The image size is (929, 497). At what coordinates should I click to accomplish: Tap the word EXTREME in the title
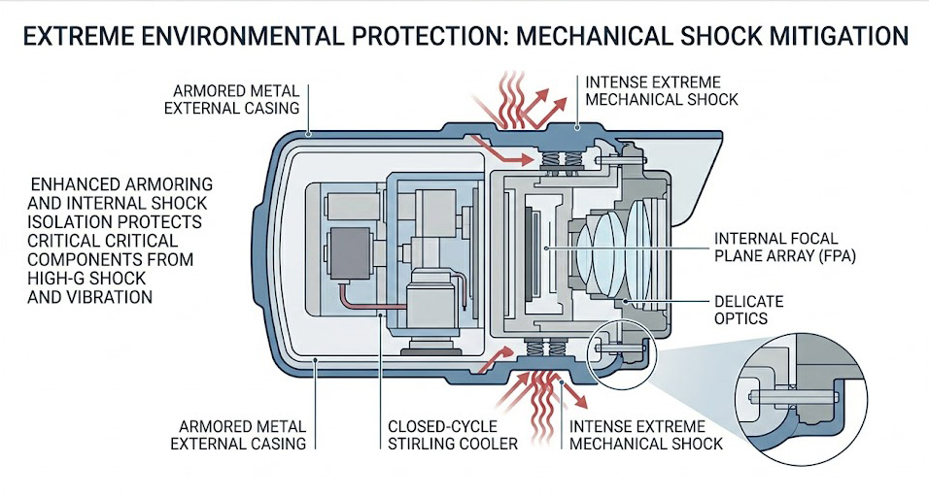pos(80,37)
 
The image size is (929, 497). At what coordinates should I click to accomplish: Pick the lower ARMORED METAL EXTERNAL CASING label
pos(238,435)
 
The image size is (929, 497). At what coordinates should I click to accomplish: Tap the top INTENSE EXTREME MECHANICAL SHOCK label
pos(661,90)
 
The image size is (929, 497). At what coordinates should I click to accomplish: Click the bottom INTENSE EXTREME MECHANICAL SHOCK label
pos(645,435)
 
